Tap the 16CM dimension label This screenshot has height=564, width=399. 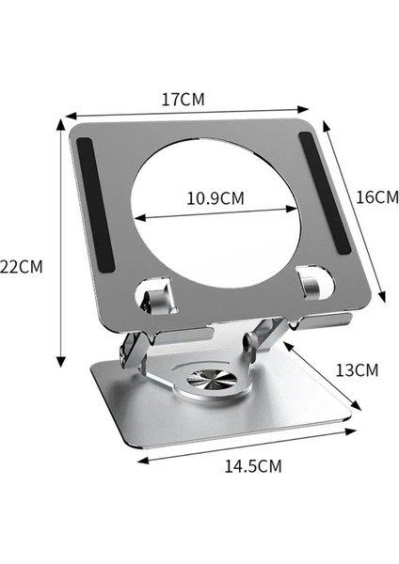(378, 197)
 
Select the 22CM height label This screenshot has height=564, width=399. (22, 266)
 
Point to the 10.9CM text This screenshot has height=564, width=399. (215, 198)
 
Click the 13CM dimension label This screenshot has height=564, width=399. (357, 369)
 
